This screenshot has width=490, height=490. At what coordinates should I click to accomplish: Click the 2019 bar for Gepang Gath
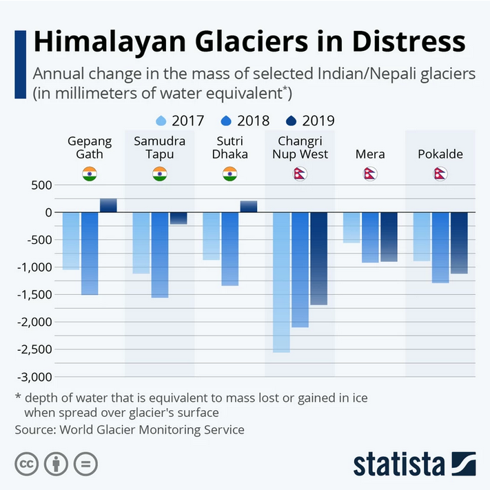pyautogui.click(x=108, y=205)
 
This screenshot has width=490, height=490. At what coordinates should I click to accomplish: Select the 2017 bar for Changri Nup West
pyautogui.click(x=281, y=283)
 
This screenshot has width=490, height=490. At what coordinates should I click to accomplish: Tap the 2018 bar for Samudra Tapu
pyautogui.click(x=160, y=255)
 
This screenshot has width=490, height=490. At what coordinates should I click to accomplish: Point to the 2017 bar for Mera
pyautogui.click(x=351, y=227)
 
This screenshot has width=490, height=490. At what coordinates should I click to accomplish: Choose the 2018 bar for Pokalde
pyautogui.click(x=440, y=248)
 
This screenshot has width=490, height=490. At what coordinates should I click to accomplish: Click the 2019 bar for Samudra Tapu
pyautogui.click(x=178, y=218)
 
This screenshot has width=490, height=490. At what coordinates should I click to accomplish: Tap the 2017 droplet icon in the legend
pyautogui.click(x=162, y=121)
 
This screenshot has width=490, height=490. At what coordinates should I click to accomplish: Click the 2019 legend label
pyautogui.click(x=318, y=121)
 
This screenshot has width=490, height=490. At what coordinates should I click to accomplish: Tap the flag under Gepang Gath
pyautogui.click(x=90, y=174)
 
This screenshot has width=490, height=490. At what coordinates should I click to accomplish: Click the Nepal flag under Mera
pyautogui.click(x=370, y=174)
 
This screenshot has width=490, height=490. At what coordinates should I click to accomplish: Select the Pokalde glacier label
pyautogui.click(x=440, y=154)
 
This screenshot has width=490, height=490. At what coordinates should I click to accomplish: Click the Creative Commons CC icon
pyautogui.click(x=26, y=464)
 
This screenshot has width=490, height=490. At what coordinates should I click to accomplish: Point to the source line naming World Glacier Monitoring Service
pyautogui.click(x=130, y=429)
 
